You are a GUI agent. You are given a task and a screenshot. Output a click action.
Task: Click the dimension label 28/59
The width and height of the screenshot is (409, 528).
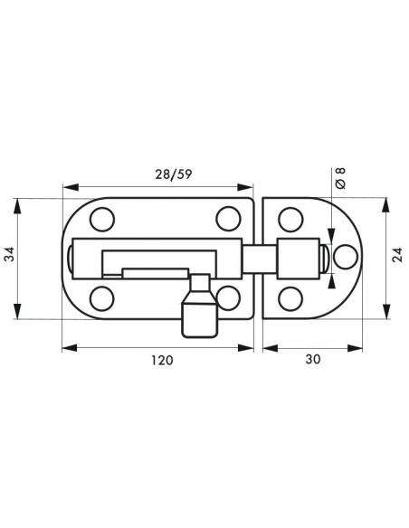[x=173, y=174]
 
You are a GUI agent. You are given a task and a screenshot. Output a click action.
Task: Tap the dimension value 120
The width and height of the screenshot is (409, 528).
[x=162, y=361]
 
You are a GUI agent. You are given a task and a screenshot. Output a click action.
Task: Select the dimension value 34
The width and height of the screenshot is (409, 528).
[x=10, y=254]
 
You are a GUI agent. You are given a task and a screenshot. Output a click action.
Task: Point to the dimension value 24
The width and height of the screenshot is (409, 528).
[x=398, y=255]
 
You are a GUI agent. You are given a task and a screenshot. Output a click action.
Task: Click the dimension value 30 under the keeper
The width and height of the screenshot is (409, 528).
[x=313, y=359]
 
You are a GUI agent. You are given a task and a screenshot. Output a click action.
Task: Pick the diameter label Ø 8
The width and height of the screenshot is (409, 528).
[x=340, y=178]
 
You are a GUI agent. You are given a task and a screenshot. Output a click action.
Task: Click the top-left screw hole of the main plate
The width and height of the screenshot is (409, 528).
[x=102, y=220]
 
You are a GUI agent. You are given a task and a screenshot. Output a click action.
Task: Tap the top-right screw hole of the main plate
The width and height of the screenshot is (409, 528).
[x=228, y=219]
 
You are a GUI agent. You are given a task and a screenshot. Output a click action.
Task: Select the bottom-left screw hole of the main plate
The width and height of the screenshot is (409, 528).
[x=102, y=298]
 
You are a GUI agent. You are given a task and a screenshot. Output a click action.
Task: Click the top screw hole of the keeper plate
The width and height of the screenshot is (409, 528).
[x=290, y=220]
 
